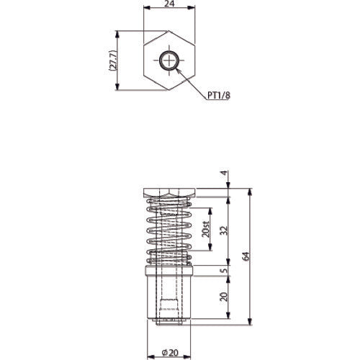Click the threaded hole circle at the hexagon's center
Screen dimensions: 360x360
point(170,61)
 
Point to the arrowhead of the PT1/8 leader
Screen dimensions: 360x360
point(178,70)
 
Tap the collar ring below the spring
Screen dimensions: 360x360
point(170,271)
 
